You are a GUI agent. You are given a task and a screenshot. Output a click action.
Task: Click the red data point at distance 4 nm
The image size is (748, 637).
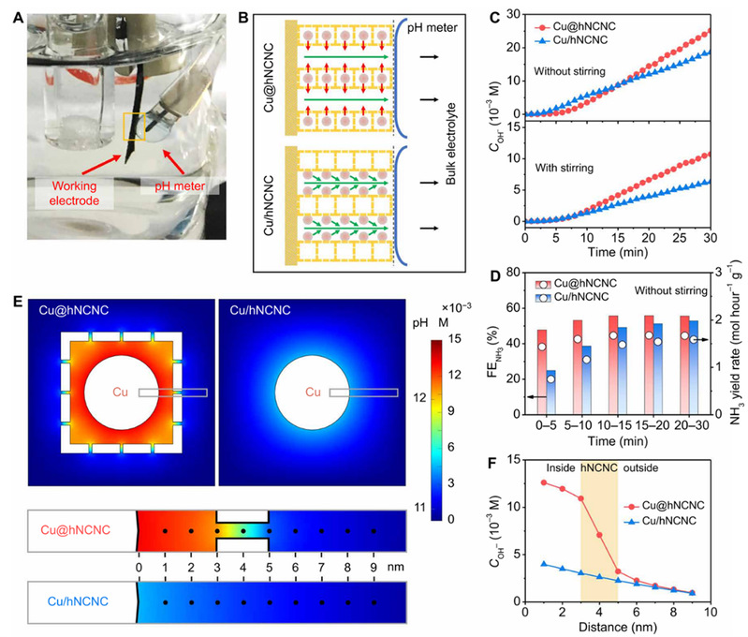point(600,535)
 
